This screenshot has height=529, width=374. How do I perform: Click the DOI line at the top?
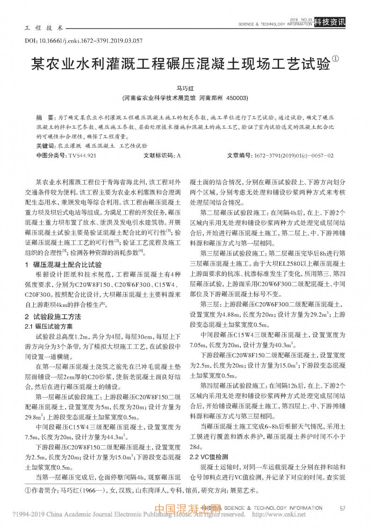pos(84,41)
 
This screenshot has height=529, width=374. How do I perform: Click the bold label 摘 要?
pos(45,116)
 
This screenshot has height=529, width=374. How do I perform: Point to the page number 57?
pos(343,508)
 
